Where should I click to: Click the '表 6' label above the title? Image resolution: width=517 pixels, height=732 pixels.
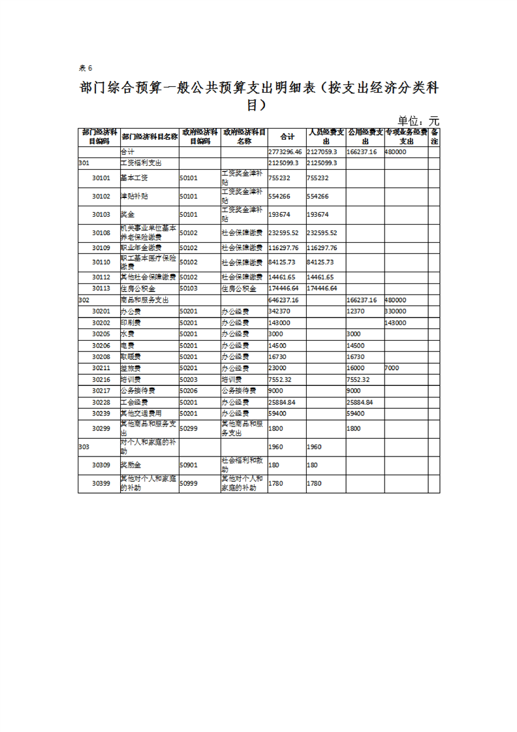86,68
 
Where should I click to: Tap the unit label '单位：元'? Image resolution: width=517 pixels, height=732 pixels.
418,121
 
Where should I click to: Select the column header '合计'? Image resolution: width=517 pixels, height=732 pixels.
287,137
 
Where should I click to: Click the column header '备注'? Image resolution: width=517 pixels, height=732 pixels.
434,136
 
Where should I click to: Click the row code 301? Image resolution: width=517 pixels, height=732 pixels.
84,162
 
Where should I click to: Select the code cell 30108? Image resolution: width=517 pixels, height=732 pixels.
101,232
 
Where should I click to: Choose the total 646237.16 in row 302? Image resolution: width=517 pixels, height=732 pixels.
283,300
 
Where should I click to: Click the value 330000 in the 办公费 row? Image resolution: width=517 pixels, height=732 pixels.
396,311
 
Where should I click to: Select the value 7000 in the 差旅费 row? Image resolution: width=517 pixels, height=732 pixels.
392,368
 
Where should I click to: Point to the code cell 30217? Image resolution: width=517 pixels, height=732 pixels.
101,390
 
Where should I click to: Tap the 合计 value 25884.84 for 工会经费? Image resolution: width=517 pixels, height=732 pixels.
283,402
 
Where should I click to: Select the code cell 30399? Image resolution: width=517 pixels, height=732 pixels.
101,484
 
